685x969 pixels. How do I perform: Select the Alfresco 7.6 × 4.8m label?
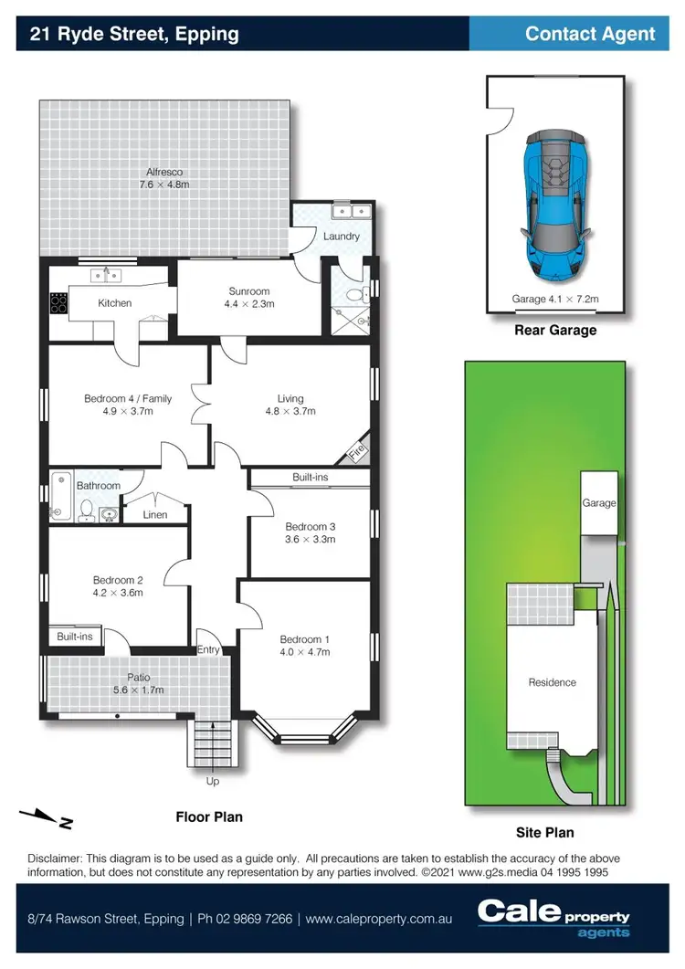pyautogui.click(x=165, y=178)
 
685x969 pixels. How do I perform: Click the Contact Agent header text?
pyautogui.click(x=590, y=34)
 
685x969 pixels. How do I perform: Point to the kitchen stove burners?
pyautogui.click(x=58, y=303)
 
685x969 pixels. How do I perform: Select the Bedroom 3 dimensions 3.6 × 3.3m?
pyautogui.click(x=311, y=539)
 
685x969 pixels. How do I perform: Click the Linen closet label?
pyautogui.click(x=156, y=515)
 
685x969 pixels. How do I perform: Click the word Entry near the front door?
pyautogui.click(x=208, y=649)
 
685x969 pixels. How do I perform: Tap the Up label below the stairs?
pyautogui.click(x=213, y=781)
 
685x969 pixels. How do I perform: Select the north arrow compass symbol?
pyautogui.click(x=46, y=817)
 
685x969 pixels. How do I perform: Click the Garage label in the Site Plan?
pyautogui.click(x=599, y=503)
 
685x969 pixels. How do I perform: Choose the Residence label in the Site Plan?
pyautogui.click(x=552, y=682)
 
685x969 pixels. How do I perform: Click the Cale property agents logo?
pyautogui.click(x=553, y=917)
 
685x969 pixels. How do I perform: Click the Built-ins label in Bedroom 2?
pyautogui.click(x=74, y=637)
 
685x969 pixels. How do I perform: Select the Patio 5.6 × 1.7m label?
pyautogui.click(x=138, y=683)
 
